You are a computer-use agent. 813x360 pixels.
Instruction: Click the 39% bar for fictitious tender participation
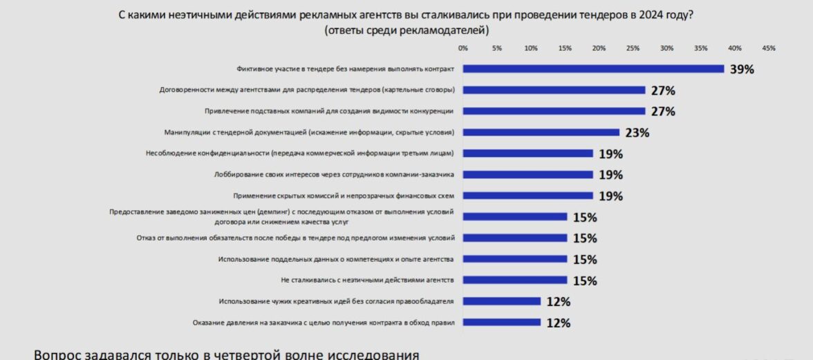(593, 68)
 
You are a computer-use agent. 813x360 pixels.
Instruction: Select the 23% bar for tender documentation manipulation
(541, 132)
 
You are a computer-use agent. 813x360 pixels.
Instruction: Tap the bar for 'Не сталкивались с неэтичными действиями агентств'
(514, 280)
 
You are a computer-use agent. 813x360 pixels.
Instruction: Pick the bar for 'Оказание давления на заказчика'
(501, 322)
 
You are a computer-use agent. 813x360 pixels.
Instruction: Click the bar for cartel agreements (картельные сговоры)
(554, 90)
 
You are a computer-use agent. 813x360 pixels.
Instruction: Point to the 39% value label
(742, 69)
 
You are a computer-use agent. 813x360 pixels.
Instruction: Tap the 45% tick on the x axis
(769, 48)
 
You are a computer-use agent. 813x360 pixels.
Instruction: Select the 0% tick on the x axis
(463, 48)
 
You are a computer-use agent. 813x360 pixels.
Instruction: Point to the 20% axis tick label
(599, 48)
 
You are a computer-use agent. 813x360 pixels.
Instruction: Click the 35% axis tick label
(701, 48)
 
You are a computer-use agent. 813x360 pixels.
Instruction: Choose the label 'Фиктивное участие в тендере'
(345, 68)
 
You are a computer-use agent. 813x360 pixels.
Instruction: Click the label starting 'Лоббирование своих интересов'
(335, 174)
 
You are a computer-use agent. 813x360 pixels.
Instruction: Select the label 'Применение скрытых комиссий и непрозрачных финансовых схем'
(344, 196)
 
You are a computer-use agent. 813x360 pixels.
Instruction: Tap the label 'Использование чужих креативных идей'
(336, 301)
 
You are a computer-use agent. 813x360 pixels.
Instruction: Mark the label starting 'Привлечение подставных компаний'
(329, 111)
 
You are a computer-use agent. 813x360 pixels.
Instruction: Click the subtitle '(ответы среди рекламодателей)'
(406, 30)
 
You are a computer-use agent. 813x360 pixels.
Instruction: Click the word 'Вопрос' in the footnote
(59, 354)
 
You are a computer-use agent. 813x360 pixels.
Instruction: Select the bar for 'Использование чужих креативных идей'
(501, 301)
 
